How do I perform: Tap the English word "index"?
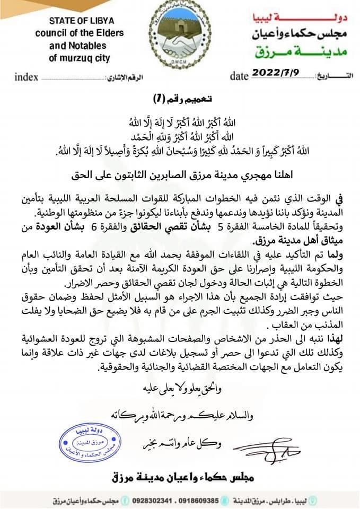27,77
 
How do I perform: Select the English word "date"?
240,76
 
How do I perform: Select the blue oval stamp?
90,443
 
